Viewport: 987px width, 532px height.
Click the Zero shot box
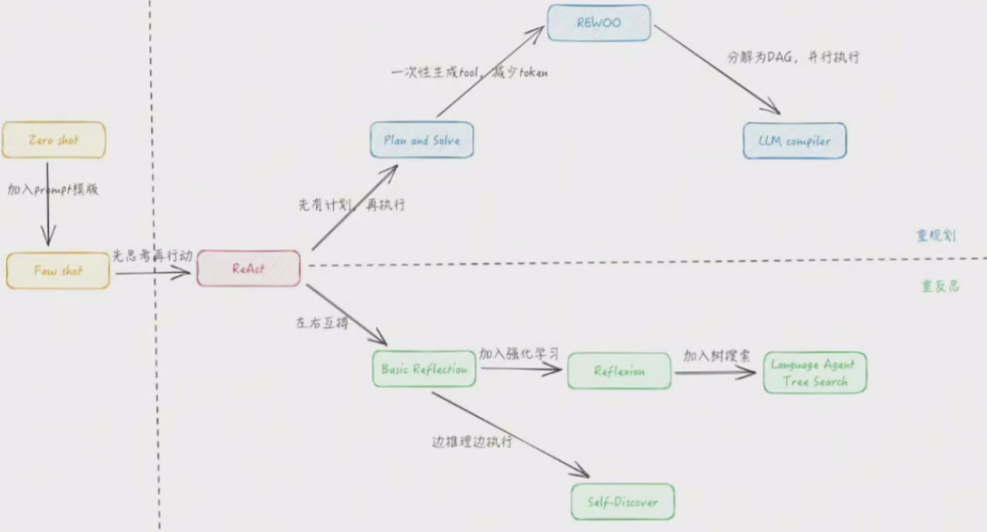[54, 140]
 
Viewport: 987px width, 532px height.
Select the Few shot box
[59, 271]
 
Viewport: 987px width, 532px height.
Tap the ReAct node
[249, 269]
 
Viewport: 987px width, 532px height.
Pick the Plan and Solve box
[422, 140]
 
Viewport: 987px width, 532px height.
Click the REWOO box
[599, 23]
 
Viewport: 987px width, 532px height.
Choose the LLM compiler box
[795, 140]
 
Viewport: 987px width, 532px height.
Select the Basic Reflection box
[424, 370]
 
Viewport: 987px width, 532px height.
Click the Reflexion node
[619, 370]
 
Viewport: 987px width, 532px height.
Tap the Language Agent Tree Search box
[814, 373]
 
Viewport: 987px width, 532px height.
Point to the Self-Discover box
[623, 502]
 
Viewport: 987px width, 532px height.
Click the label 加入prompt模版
[54, 189]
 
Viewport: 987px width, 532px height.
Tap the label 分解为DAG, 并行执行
[792, 57]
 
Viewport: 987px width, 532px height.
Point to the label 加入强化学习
[519, 353]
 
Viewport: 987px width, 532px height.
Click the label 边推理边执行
[472, 441]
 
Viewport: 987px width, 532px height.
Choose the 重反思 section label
[940, 286]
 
